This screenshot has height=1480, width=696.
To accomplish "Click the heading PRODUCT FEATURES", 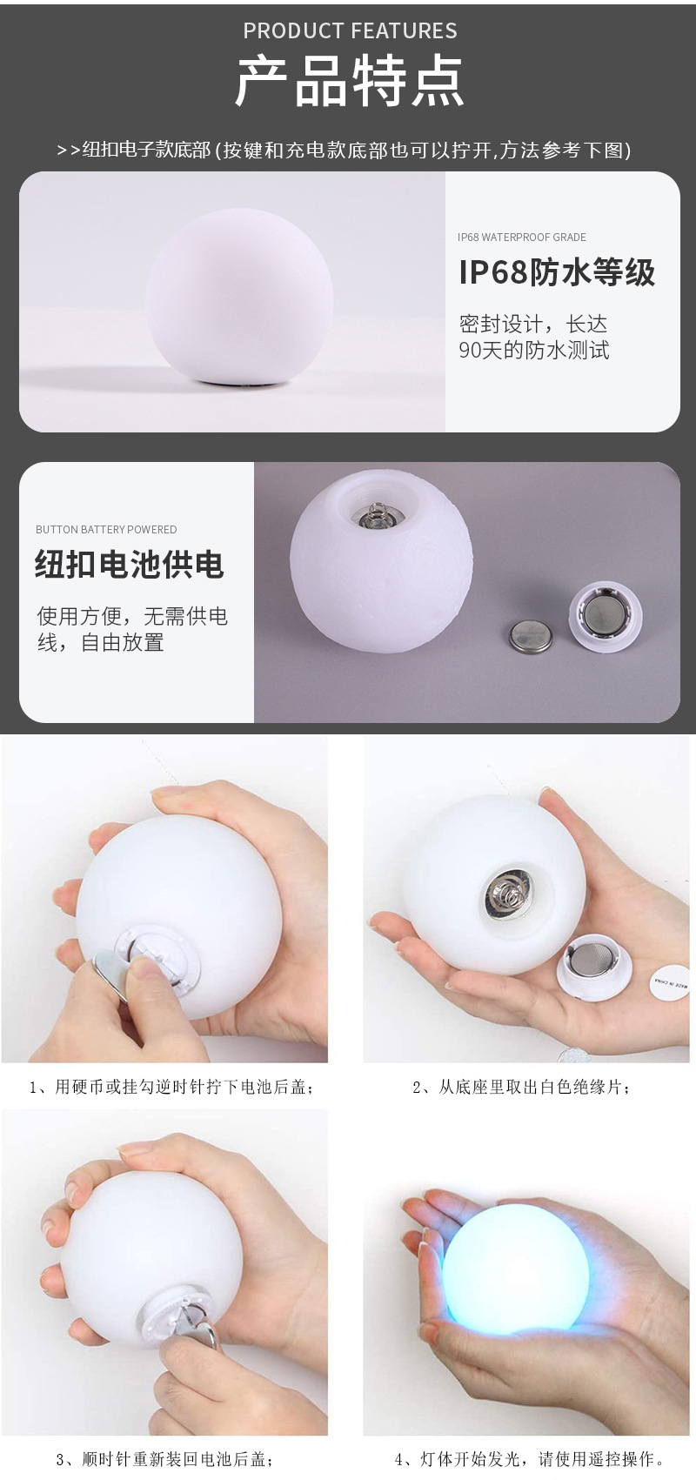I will pyautogui.click(x=350, y=31).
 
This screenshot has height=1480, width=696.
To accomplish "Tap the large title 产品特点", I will pyautogui.click(x=350, y=83).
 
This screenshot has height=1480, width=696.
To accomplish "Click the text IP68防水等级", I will pyautogui.click(x=557, y=272).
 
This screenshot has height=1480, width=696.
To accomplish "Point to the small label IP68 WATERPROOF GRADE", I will pyautogui.click(x=522, y=237).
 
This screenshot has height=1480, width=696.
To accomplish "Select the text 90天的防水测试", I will pyautogui.click(x=534, y=351).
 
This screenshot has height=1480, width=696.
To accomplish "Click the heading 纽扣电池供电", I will pyautogui.click(x=130, y=565).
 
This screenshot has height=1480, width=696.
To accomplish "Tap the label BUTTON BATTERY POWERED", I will pyautogui.click(x=106, y=529).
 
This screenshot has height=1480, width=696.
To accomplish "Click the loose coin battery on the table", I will pyautogui.click(x=531, y=635).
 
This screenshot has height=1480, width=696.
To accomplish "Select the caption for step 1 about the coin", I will pyautogui.click(x=171, y=1087).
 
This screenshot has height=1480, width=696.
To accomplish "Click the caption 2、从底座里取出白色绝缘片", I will pyautogui.click(x=521, y=1087).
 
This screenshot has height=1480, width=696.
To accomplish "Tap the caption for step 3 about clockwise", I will pyautogui.click(x=166, y=1459).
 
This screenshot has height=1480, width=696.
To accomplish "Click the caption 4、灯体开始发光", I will pyautogui.click(x=530, y=1459).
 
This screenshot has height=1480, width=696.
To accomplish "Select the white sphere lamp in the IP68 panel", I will pyautogui.click(x=239, y=296).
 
